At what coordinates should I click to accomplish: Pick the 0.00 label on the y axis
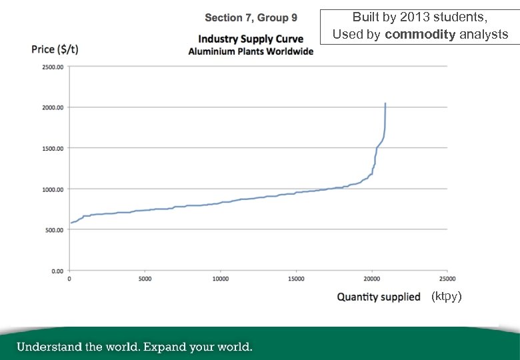tap(59, 271)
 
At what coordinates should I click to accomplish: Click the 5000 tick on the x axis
tap(145, 279)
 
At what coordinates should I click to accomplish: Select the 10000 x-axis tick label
tap(221, 279)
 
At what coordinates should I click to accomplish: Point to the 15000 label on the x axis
tap(296, 279)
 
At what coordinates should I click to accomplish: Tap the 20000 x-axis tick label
tap(371, 279)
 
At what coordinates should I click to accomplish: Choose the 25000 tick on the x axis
tap(447, 279)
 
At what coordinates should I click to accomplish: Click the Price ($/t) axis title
tap(55, 50)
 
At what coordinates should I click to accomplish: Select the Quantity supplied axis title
tap(379, 297)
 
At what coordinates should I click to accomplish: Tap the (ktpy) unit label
tap(446, 296)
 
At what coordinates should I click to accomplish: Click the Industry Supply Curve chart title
tap(251, 39)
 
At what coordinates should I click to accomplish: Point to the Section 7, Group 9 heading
tap(251, 17)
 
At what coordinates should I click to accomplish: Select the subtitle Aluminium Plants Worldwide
tap(251, 51)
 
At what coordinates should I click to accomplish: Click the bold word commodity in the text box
tap(420, 34)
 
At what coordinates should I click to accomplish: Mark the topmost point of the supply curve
tap(385, 103)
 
